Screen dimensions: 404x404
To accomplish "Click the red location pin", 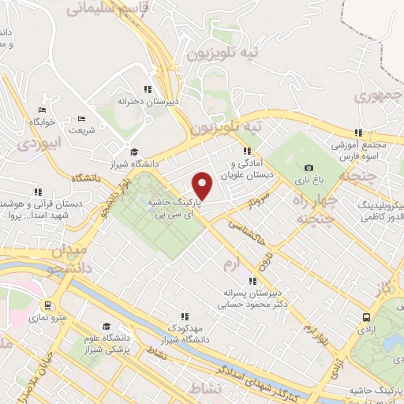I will point(203,185).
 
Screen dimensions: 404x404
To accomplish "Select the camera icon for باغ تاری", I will point(309,167).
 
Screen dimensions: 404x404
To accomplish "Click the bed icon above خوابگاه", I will point(42,110).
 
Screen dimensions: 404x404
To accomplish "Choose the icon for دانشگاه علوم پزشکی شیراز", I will point(107,326).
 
